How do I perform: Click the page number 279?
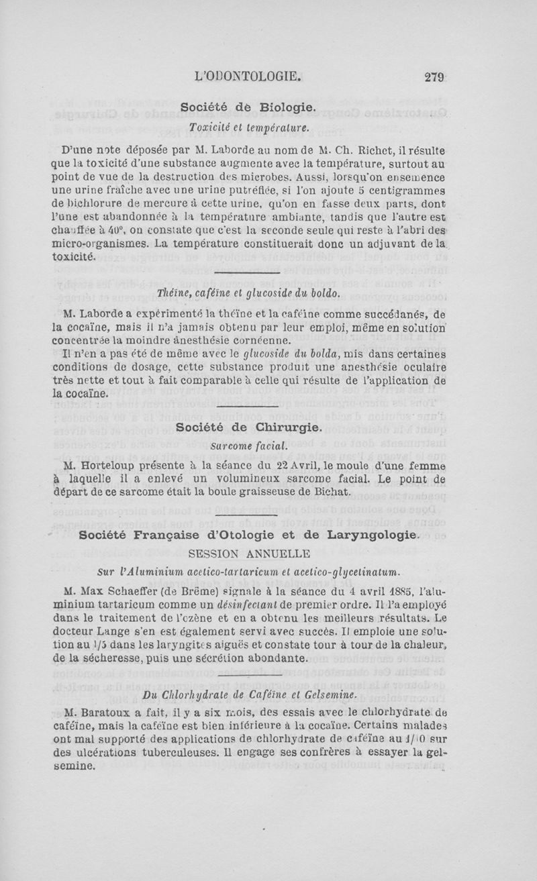click(434, 76)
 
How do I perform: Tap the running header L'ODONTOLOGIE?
click(248, 76)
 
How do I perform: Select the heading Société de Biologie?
click(248, 107)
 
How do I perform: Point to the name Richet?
click(399, 151)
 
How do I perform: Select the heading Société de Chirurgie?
click(248, 427)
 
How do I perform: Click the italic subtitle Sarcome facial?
click(248, 445)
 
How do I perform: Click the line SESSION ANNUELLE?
click(249, 554)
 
